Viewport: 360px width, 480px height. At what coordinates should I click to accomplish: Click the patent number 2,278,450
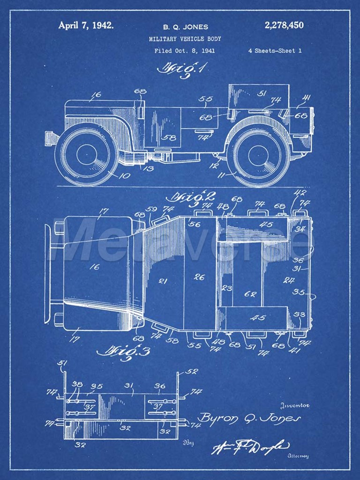coord(284,25)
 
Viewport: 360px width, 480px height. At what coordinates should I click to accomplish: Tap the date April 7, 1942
coord(86,25)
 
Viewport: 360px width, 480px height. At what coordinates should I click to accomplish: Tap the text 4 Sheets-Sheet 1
coord(275,51)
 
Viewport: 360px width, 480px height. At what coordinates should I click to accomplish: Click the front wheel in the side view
coord(87,154)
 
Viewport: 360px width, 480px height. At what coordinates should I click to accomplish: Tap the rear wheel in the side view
coord(259,154)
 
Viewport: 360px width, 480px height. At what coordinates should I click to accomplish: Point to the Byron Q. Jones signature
coord(248,418)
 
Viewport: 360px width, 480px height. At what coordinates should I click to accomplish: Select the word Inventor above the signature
coord(294,405)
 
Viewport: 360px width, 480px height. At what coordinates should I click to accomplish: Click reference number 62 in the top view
coord(250,294)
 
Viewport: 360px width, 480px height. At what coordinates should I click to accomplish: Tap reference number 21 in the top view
coord(163,281)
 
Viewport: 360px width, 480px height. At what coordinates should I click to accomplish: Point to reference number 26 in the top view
coord(199,277)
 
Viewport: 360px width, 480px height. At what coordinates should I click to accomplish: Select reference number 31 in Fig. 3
coord(129,386)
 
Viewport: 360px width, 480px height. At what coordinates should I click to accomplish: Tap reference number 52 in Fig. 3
coord(192,371)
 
